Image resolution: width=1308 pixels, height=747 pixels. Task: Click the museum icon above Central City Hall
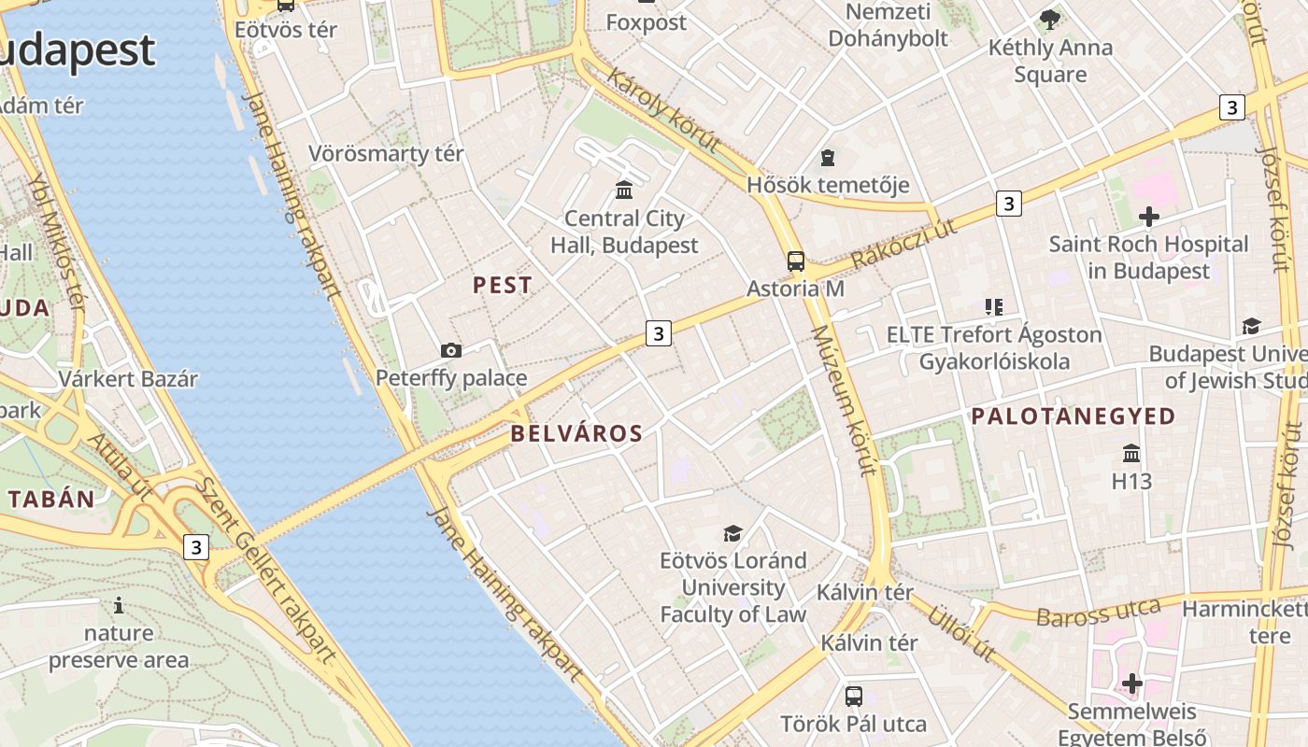[x=624, y=190]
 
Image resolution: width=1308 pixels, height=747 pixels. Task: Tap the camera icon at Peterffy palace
[x=451, y=350]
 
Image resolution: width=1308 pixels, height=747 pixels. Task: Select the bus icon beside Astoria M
[x=796, y=261]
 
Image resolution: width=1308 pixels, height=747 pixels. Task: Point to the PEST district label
[x=503, y=286]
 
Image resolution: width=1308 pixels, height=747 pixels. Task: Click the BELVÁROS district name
[x=576, y=433]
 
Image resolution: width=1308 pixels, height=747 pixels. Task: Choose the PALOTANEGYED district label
[x=1073, y=416]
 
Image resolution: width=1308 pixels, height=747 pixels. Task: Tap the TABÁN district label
[x=52, y=499]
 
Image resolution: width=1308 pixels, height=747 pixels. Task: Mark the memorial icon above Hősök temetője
[x=828, y=157]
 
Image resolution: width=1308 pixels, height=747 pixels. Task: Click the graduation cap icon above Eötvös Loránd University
[x=733, y=533]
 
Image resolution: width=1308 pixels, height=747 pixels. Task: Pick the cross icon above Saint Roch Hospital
[x=1149, y=217]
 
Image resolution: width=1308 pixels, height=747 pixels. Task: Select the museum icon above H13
[x=1131, y=454]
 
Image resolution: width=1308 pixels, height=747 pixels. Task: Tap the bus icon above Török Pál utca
[x=854, y=696]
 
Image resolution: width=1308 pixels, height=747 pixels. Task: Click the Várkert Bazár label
[x=128, y=379]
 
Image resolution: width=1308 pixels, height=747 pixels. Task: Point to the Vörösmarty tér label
[x=386, y=153]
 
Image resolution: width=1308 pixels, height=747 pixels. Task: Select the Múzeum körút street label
[x=845, y=401]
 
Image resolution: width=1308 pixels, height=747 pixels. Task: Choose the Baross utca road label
[x=1098, y=613]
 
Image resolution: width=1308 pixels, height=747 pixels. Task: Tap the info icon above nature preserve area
[x=119, y=606]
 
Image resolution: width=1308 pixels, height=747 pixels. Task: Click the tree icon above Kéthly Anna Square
[x=1050, y=19]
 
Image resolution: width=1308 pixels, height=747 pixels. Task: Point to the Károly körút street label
[x=663, y=110]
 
